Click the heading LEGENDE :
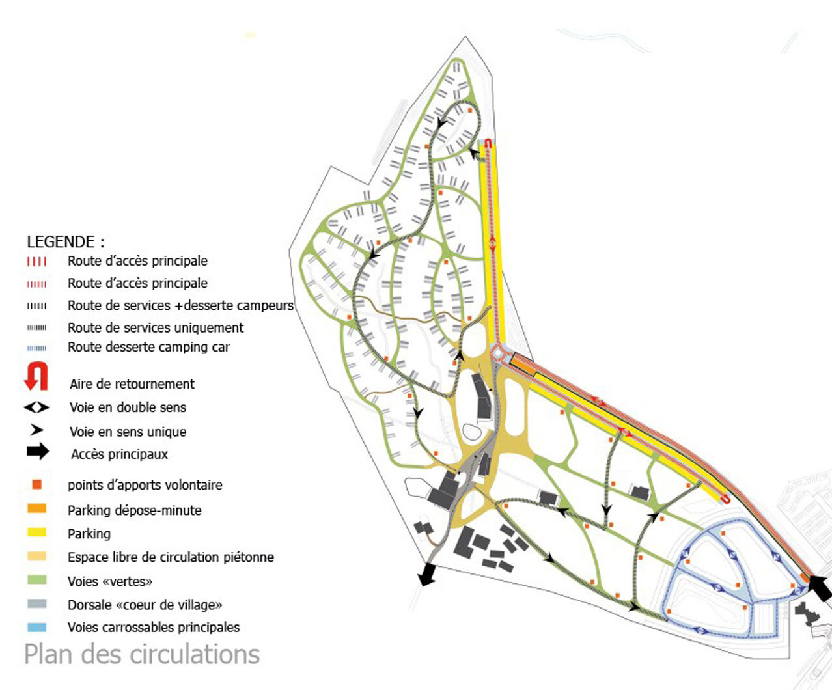point(66,241)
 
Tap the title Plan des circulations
point(142,654)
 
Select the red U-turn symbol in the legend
point(36,376)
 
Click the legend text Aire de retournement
point(132,384)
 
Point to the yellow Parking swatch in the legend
point(36,532)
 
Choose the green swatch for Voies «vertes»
point(36,580)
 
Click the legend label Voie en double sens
point(128,407)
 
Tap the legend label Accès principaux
point(120,454)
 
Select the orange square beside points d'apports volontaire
point(36,484)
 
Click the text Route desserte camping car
point(148,347)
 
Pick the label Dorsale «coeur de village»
point(145,605)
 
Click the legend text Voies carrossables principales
point(154,628)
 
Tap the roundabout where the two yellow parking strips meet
point(497,353)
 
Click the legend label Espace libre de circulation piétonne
point(171,557)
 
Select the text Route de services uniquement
point(156,328)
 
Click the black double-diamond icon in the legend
point(36,407)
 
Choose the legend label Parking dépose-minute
point(135,510)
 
